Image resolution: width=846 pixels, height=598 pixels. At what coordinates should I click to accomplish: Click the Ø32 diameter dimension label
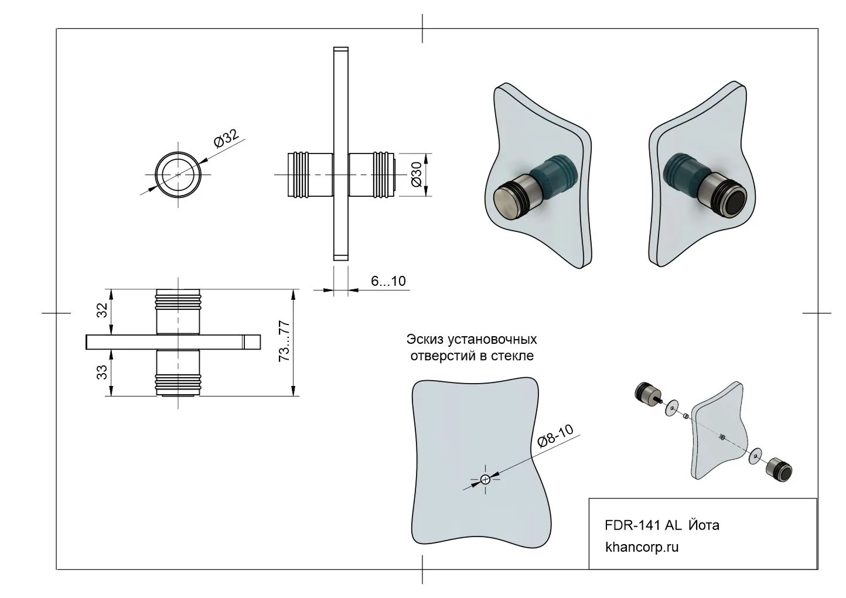coord(227,140)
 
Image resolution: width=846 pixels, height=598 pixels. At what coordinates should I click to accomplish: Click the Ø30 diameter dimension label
coord(417,175)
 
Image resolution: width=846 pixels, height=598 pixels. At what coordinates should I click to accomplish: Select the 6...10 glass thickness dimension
coord(388,281)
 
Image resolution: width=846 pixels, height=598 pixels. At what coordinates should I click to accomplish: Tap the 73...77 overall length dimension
coord(285,341)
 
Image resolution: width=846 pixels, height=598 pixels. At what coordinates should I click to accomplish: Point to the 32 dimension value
coord(102,310)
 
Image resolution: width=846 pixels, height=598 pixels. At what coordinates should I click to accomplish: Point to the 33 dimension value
coord(102,372)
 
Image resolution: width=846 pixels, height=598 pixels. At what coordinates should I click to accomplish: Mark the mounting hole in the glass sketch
coord(485,479)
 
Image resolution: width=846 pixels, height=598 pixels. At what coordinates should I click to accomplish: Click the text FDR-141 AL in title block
coord(642,525)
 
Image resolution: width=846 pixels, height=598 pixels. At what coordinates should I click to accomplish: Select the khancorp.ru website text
coord(642,548)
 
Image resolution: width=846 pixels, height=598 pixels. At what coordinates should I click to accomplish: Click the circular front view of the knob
coord(178,175)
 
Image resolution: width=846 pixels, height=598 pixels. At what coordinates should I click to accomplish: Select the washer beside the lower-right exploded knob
coord(755,453)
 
